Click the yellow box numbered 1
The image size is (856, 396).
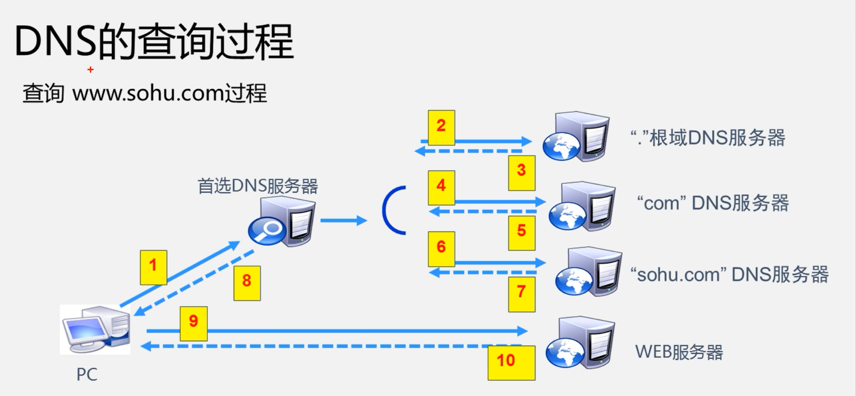[153, 267]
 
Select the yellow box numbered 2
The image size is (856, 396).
[441, 127]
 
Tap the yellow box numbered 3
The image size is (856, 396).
[522, 173]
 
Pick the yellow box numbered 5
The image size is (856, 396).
[522, 233]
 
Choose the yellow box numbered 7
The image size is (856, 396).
[522, 294]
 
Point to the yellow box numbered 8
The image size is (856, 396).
[247, 283]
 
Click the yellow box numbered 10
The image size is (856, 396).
[511, 363]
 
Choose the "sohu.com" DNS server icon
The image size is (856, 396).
[588, 272]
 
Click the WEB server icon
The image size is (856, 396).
[580, 343]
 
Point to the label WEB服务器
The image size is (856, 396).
[679, 352]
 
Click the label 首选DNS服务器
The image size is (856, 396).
[258, 186]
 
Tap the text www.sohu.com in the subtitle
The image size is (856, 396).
[148, 93]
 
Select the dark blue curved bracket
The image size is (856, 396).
[391, 210]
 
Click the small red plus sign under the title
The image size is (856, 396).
[91, 70]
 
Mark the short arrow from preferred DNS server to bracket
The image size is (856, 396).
[343, 220]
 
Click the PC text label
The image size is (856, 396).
[87, 374]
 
